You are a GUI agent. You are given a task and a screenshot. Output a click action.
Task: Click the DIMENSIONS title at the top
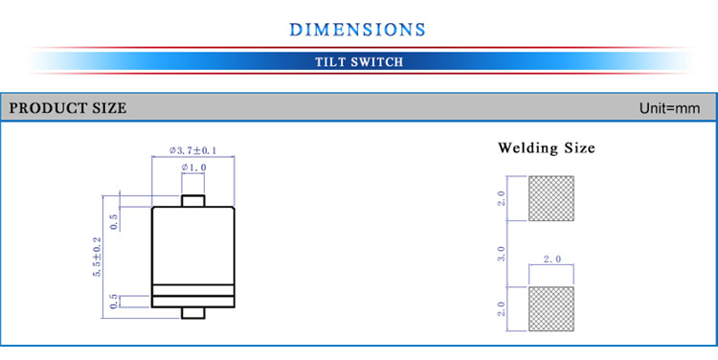point(357,30)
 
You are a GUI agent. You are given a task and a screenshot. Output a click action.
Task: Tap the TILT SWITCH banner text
point(359,62)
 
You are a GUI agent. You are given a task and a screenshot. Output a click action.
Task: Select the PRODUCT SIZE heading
point(68,108)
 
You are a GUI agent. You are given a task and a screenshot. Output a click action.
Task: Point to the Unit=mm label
point(669,108)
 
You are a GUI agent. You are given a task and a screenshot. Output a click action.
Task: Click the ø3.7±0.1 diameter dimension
point(192,150)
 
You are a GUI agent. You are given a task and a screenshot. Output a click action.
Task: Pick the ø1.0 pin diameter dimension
point(193,168)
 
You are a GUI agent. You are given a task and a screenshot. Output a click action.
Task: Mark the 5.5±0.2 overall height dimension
point(97,257)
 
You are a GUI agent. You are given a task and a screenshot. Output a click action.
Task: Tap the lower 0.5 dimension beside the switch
point(114,302)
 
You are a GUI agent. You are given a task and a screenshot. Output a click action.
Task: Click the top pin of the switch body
point(192,201)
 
